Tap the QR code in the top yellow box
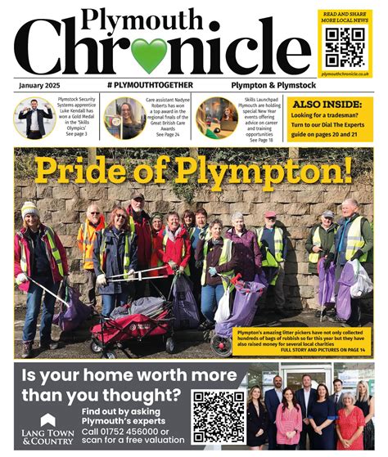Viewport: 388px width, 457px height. tap(344, 46)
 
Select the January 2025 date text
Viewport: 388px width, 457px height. tap(42, 85)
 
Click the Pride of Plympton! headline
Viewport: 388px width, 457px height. tap(193, 168)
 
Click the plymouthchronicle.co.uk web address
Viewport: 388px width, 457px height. tap(345, 74)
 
